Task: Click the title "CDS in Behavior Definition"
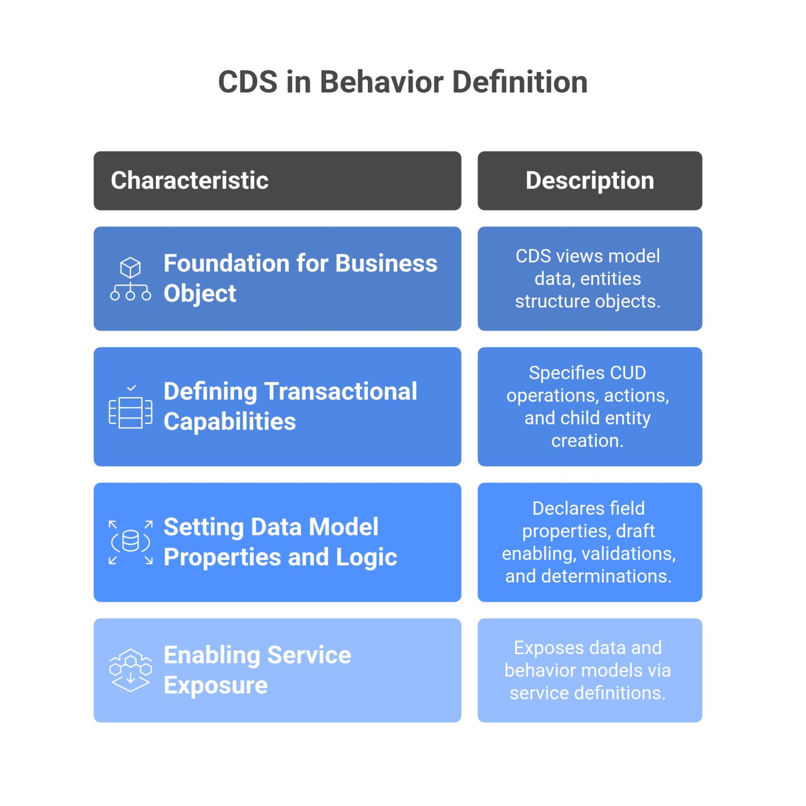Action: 402,82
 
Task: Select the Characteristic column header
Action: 277,180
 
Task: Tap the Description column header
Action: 590,180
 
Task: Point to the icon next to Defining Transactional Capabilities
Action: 130,407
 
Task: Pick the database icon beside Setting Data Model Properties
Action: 130,542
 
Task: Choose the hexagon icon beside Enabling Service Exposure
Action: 130,670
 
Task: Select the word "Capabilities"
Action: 230,422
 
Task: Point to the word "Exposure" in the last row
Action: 216,685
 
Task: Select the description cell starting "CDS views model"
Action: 590,279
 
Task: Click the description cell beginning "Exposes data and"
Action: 590,670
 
